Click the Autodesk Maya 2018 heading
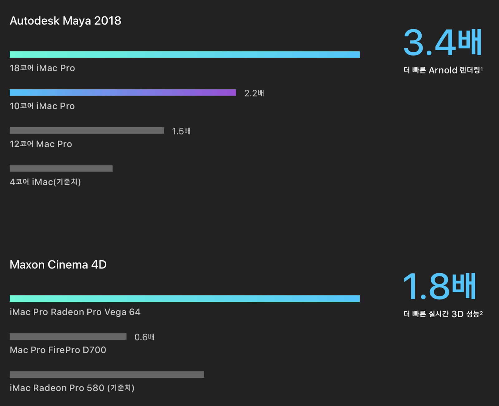[x=65, y=21]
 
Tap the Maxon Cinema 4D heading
[x=58, y=265]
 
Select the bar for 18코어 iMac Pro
[x=185, y=54]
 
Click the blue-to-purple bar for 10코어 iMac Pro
[x=123, y=92]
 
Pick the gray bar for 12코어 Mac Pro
[x=87, y=130]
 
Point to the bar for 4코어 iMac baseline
[x=61, y=168]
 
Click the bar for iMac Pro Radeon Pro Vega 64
[x=185, y=298]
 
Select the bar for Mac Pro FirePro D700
[x=68, y=336]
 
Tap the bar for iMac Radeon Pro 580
[x=107, y=374]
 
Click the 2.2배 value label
[x=254, y=93]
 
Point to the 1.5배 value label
[x=181, y=131]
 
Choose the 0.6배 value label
[x=144, y=337]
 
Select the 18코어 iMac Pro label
[x=42, y=68]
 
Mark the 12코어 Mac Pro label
[x=41, y=144]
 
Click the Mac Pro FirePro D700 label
[x=58, y=350]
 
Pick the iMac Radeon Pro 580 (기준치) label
[x=72, y=388]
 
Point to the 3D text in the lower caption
[x=458, y=314]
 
